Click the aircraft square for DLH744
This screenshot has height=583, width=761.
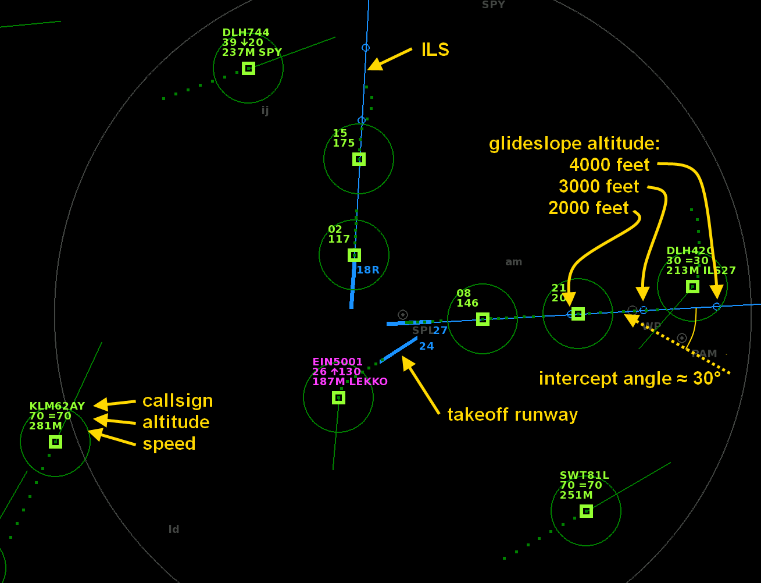click(248, 68)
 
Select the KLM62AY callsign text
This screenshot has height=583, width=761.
click(57, 406)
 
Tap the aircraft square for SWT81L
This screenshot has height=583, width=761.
click(586, 511)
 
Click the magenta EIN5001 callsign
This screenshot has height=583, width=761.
click(337, 362)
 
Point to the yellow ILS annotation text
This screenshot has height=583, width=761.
click(435, 50)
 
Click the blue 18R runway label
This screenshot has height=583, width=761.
click(367, 270)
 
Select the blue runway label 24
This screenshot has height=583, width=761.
click(426, 346)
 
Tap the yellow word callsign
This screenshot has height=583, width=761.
click(177, 401)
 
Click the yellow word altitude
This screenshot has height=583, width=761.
click(176, 422)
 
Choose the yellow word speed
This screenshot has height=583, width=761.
click(169, 443)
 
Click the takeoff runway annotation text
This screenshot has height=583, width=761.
click(512, 415)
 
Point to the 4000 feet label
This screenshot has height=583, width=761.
click(609, 165)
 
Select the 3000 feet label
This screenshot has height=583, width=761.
click(599, 187)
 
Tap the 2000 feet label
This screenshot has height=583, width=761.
click(588, 208)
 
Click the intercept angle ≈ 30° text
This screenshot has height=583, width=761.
click(630, 379)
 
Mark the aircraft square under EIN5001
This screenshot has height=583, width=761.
click(338, 397)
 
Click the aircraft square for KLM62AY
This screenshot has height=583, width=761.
click(55, 442)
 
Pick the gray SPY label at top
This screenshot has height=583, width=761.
click(493, 5)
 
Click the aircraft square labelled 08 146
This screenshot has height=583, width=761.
click(483, 319)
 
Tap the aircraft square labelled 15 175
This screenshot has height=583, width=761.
click(359, 159)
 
